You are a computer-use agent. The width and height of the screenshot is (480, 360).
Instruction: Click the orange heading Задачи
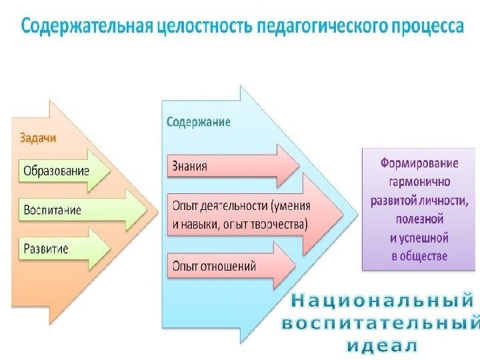[x=38, y=138]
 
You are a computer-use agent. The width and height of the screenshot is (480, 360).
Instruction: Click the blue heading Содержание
[x=198, y=122]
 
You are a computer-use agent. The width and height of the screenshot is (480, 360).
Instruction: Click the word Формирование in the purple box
[x=419, y=163]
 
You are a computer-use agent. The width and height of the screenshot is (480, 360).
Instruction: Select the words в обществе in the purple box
[x=419, y=255]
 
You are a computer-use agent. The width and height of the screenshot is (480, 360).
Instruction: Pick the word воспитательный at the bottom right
[x=380, y=324]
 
